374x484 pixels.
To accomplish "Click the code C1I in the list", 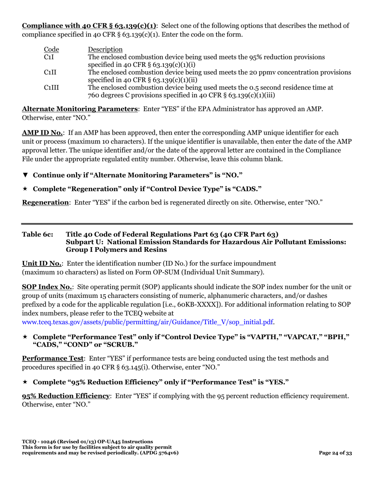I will point(48,57).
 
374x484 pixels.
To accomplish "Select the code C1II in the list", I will point(50,72).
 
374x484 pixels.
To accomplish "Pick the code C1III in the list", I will point(51,87).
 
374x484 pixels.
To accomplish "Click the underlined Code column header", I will point(51,50).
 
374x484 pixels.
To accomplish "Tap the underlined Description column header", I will point(105,50).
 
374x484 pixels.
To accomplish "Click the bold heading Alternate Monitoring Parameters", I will point(80,109).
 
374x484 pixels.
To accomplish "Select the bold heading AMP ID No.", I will point(42,133).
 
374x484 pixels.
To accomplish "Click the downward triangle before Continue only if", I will point(25,175).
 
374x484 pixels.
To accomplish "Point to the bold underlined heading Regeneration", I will point(45,202).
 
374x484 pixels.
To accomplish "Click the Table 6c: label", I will point(37,235).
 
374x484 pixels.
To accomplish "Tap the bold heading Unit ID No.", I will point(42,263).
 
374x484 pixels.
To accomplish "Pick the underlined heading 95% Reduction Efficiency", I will point(66,396).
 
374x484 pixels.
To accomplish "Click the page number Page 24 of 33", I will point(335,453).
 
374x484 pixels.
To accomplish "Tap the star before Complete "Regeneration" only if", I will point(25,189).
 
